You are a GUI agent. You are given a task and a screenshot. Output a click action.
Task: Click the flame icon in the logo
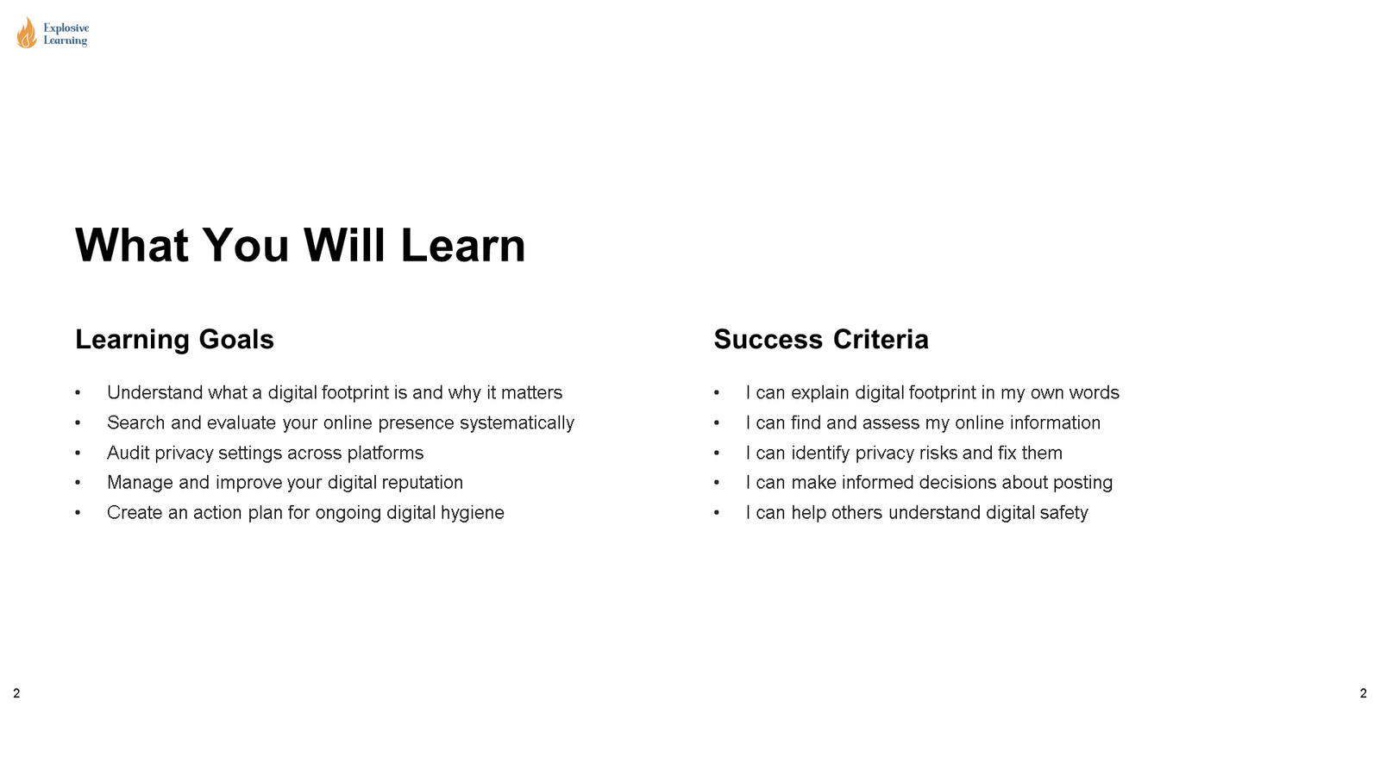[27, 34]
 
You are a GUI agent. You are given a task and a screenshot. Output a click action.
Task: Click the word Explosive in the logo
[66, 28]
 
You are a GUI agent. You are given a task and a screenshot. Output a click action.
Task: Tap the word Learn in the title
[462, 246]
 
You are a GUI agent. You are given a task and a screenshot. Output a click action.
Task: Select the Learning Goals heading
[174, 340]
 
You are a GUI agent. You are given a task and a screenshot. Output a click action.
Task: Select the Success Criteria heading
[820, 340]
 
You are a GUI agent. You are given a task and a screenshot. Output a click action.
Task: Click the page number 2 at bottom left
[16, 693]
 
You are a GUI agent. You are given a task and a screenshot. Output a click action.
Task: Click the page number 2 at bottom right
[1363, 693]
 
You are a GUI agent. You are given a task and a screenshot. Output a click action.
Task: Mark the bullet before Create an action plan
[78, 513]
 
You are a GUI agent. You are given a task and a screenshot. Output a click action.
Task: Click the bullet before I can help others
[717, 513]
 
